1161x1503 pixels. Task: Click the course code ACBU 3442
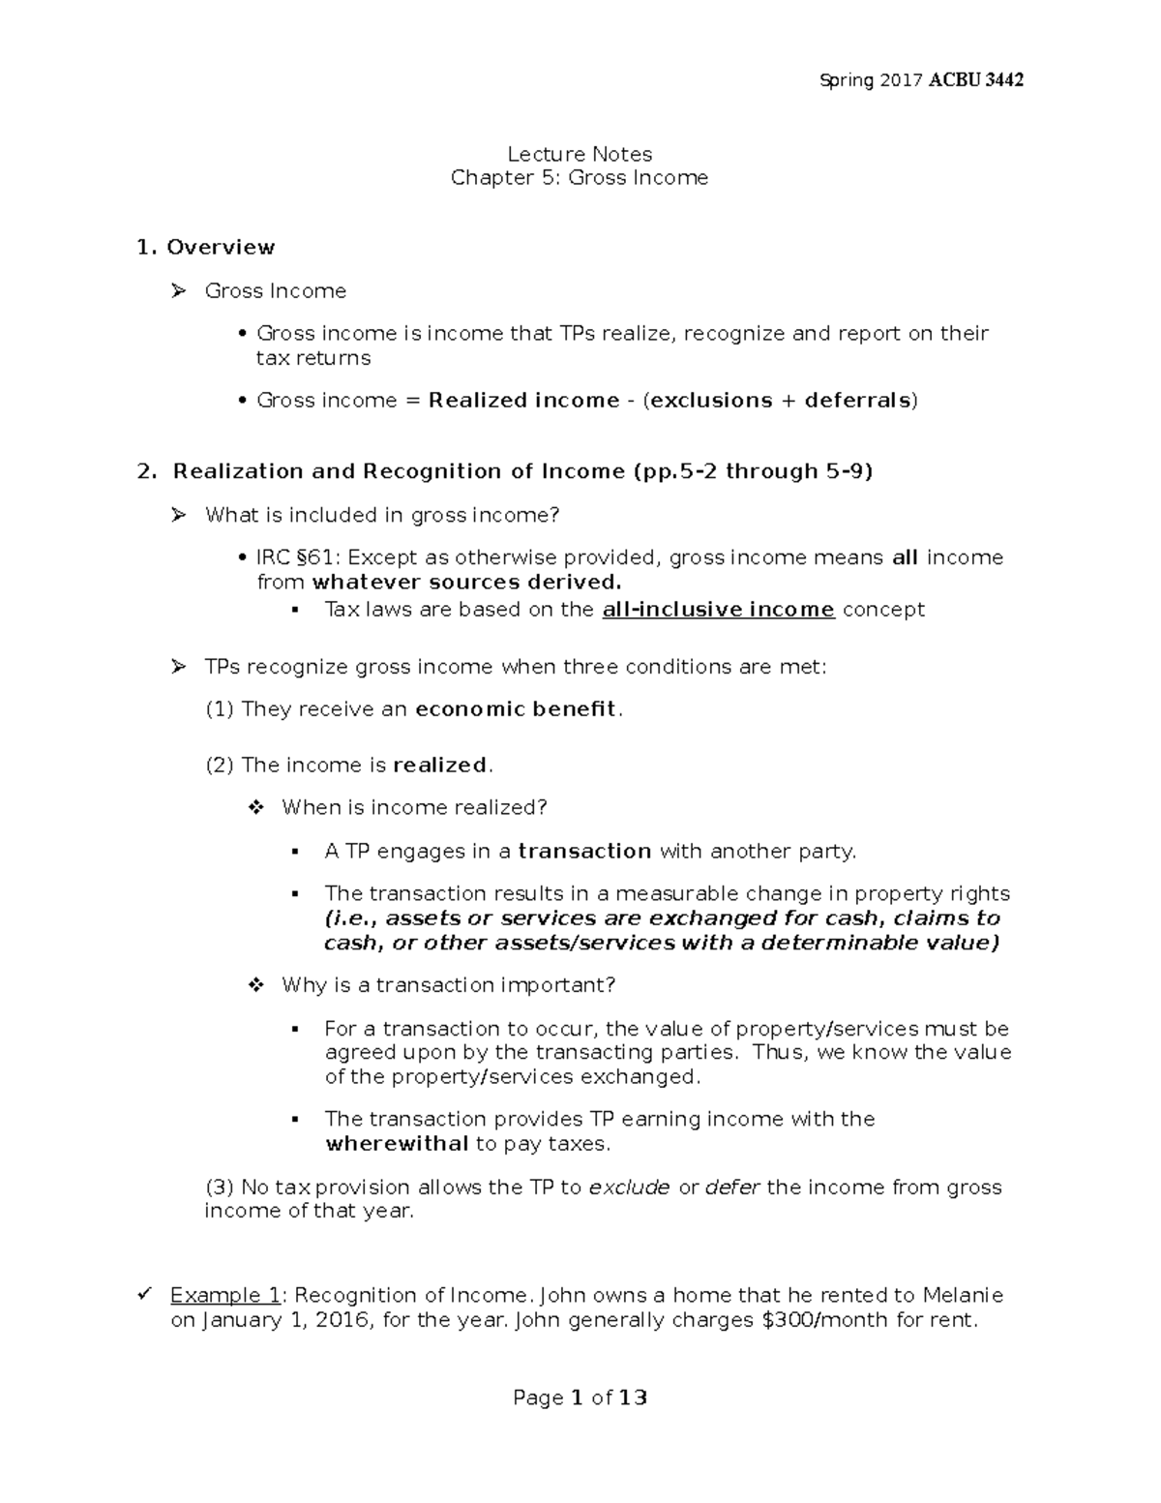coord(976,80)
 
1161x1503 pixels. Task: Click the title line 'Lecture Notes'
coord(580,154)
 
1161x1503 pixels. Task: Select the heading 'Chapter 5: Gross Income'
coord(580,178)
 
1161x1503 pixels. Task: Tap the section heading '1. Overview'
coord(206,248)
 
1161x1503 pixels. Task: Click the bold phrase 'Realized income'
coord(523,401)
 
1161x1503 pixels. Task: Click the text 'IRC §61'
coord(297,557)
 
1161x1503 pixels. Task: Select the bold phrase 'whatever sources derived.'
coord(466,583)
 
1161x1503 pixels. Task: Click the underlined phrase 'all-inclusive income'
coord(718,610)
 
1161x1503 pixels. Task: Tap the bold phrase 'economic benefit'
coord(515,709)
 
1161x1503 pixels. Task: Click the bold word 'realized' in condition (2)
coord(441,766)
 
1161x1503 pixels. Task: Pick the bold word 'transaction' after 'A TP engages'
coord(584,852)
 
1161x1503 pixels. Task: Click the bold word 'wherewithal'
coord(397,1144)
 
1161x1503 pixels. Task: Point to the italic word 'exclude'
coord(629,1187)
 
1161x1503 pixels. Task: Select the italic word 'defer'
coord(732,1187)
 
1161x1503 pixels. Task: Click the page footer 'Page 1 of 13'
coord(580,1398)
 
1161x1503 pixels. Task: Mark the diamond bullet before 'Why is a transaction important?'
coord(256,985)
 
